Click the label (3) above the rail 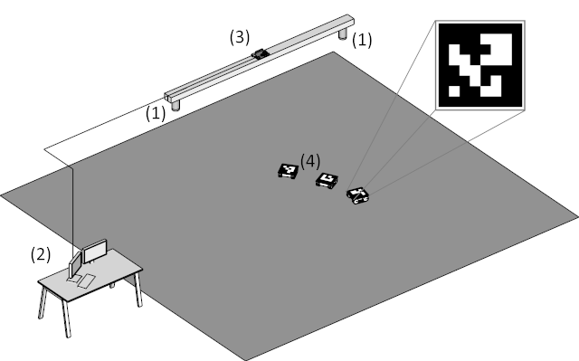240,37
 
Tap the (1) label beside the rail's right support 362,40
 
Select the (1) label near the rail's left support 156,113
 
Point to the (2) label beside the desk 41,255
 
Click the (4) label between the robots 310,162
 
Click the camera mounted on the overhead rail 261,53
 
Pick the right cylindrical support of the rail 343,34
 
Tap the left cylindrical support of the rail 176,106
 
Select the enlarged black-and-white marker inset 480,65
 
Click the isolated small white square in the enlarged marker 454,91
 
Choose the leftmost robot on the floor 288,171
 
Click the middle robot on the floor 327,180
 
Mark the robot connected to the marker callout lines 358,195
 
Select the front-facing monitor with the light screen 95,251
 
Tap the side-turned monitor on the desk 75,265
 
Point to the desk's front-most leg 66,318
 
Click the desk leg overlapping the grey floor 138,290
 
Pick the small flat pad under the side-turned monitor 72,280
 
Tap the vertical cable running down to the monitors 72,212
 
